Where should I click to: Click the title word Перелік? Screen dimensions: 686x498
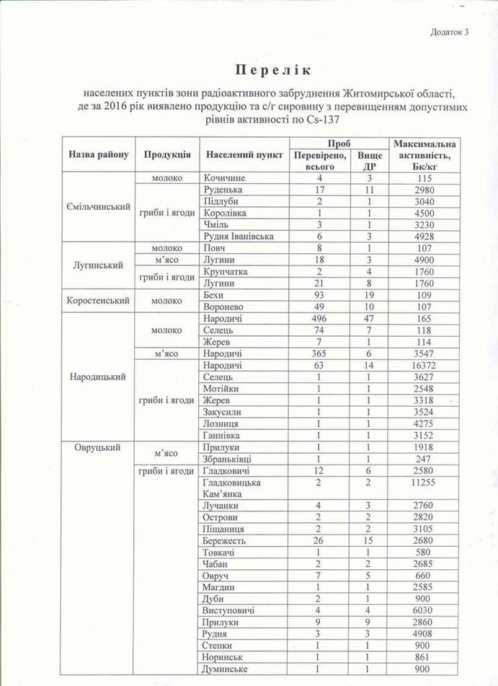click(x=271, y=71)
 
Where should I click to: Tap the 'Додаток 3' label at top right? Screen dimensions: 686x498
click(x=450, y=32)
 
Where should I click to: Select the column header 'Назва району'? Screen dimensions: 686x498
click(x=98, y=155)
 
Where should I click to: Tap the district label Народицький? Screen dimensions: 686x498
click(x=98, y=377)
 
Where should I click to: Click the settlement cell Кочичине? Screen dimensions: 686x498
click(x=225, y=178)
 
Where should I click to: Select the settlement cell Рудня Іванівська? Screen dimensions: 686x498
click(x=239, y=237)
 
